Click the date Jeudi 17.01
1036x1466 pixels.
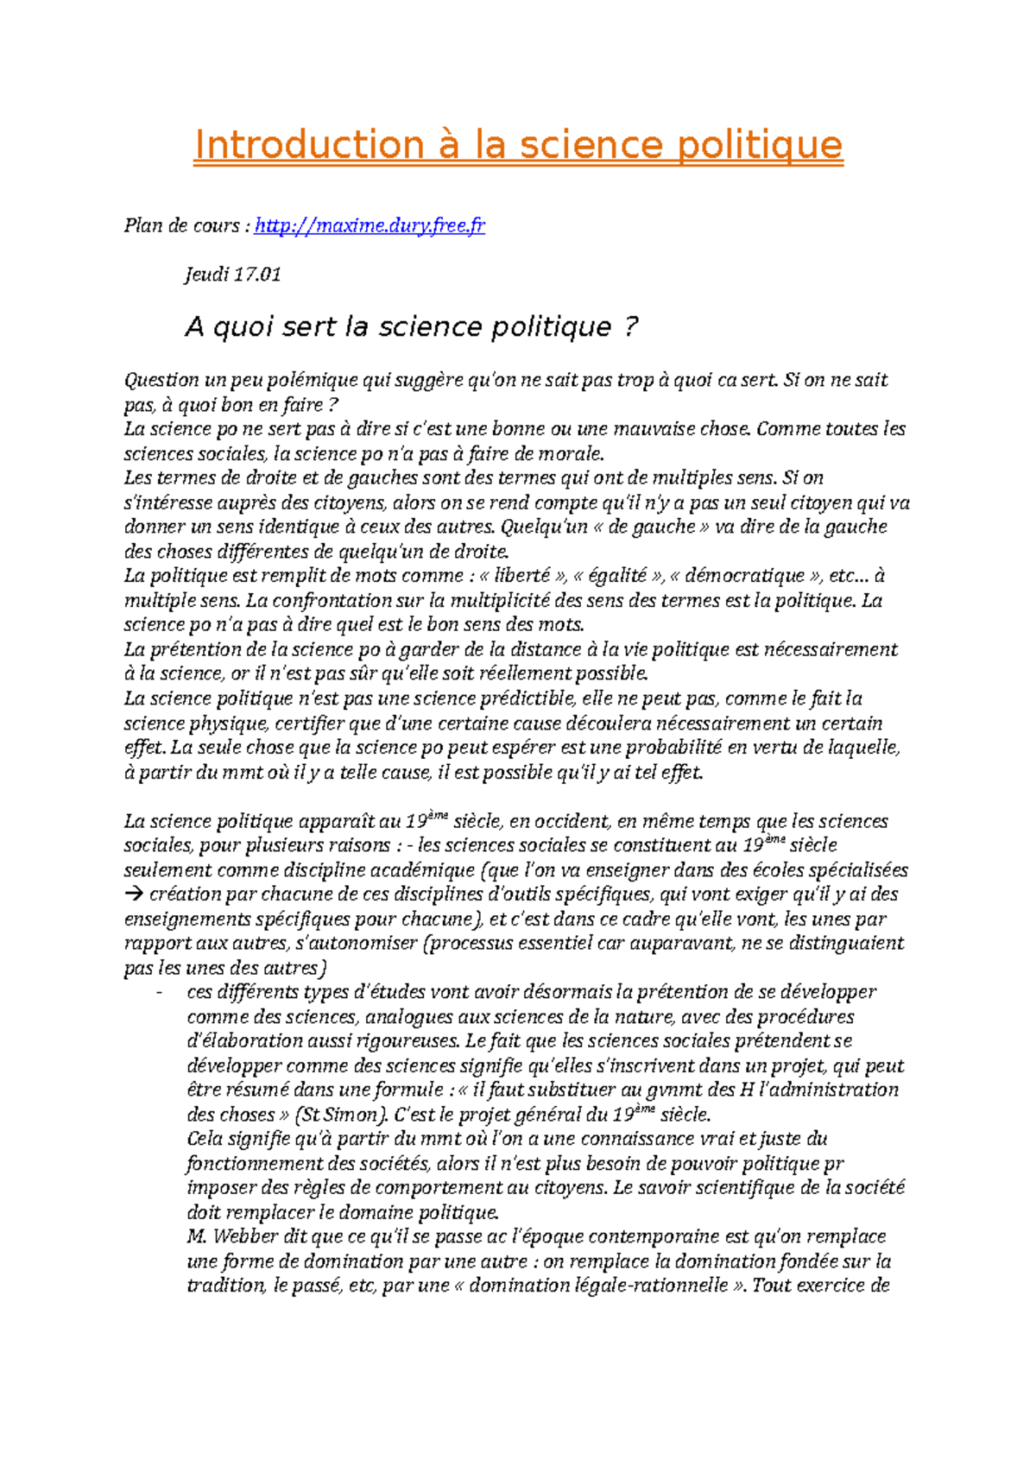coord(233,275)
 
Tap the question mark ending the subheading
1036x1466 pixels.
coord(631,327)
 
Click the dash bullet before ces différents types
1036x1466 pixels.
coord(159,993)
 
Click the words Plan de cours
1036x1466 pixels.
coord(182,226)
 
